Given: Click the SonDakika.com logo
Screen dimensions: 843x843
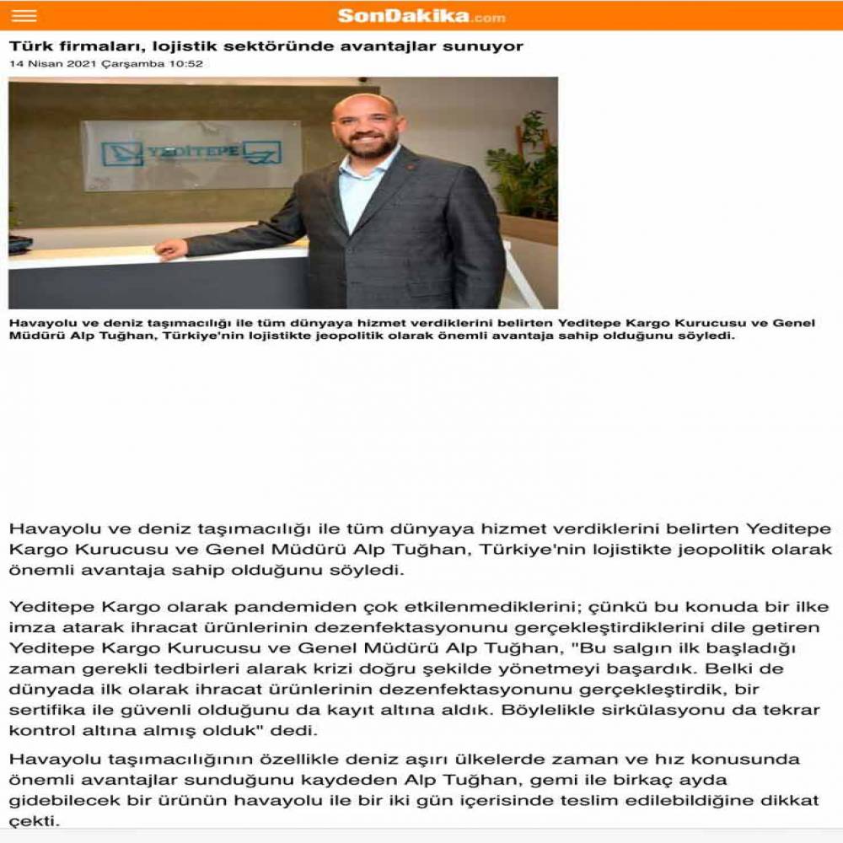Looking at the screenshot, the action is coord(421,16).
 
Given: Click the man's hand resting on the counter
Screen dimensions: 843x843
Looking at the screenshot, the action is coord(171,250).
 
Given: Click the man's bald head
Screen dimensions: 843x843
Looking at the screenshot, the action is coord(364,105).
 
